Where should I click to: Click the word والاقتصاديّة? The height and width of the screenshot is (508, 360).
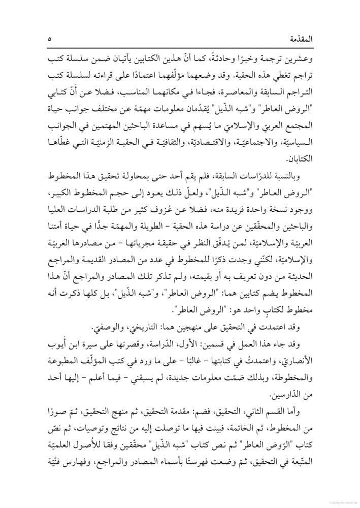(208, 145)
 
